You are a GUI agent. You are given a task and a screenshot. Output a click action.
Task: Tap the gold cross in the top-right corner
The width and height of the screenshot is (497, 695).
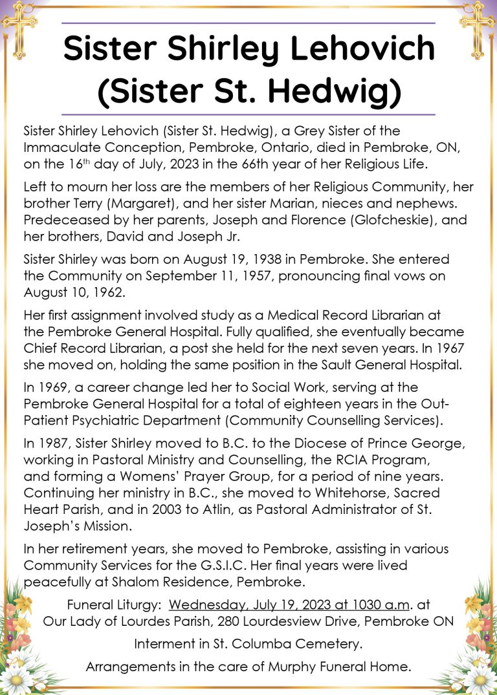[477, 27]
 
